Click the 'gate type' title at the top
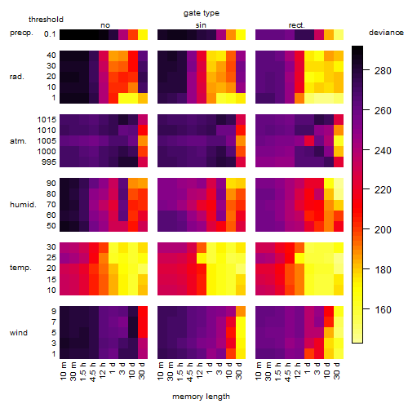pyautogui.click(x=202, y=13)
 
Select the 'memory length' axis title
pyautogui.click(x=201, y=397)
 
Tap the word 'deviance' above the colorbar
pyautogui.click(x=386, y=33)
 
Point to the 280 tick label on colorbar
pyautogui.click(x=383, y=71)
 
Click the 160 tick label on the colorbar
pyautogui.click(x=383, y=309)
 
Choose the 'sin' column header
pyautogui.click(x=201, y=25)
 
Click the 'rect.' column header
pyautogui.click(x=296, y=25)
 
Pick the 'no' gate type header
pyautogui.click(x=105, y=25)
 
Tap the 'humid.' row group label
pyautogui.click(x=23, y=205)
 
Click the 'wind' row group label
pyautogui.click(x=19, y=333)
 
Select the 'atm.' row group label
pyautogui.click(x=18, y=141)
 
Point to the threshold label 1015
pyautogui.click(x=47, y=120)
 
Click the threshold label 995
pyautogui.click(x=49, y=162)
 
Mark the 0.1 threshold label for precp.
pyautogui.click(x=50, y=34)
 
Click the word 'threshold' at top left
pyautogui.click(x=46, y=20)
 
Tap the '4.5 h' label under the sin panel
pyautogui.click(x=190, y=372)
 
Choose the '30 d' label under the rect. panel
pyautogui.click(x=336, y=371)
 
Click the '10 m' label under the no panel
pyautogui.click(x=63, y=371)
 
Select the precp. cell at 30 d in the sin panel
pyautogui.click(x=241, y=34)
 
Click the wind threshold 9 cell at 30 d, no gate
pyautogui.click(x=143, y=311)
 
